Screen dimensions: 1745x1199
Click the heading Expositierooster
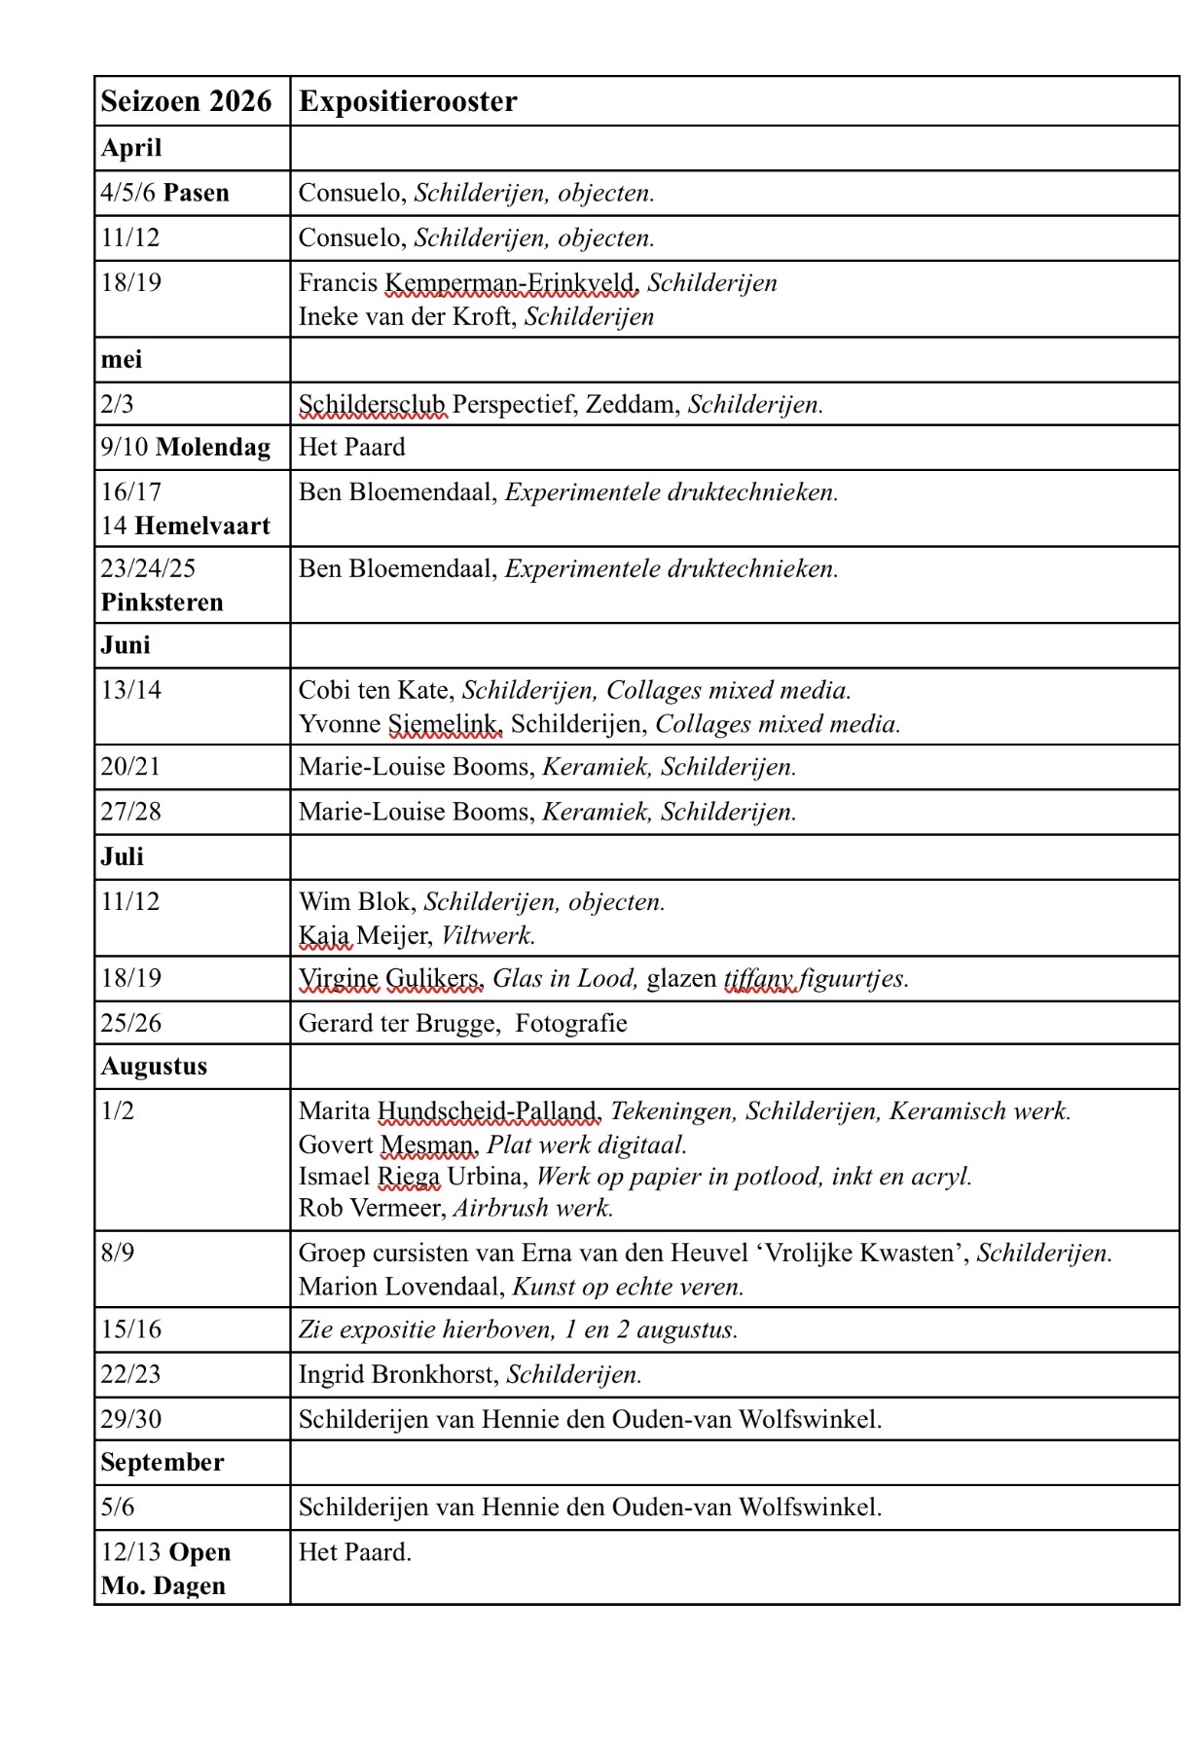click(x=408, y=101)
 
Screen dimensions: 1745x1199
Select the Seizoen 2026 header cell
click(x=186, y=101)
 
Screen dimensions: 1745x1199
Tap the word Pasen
click(x=197, y=193)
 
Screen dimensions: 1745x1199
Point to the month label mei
click(x=122, y=360)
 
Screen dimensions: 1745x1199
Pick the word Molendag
click(x=213, y=448)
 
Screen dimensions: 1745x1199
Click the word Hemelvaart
click(x=202, y=527)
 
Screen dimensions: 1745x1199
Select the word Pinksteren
click(x=162, y=602)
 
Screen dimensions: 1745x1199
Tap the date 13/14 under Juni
click(x=130, y=690)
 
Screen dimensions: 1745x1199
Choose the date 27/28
click(x=130, y=812)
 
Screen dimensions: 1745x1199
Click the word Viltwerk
click(x=488, y=936)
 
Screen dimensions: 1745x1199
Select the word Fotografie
click(x=571, y=1024)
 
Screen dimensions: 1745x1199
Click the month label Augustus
click(x=154, y=1067)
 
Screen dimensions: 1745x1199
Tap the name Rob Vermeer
click(x=371, y=1209)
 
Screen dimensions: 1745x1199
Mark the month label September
click(x=162, y=1463)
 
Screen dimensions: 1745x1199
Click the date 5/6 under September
click(x=117, y=1508)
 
